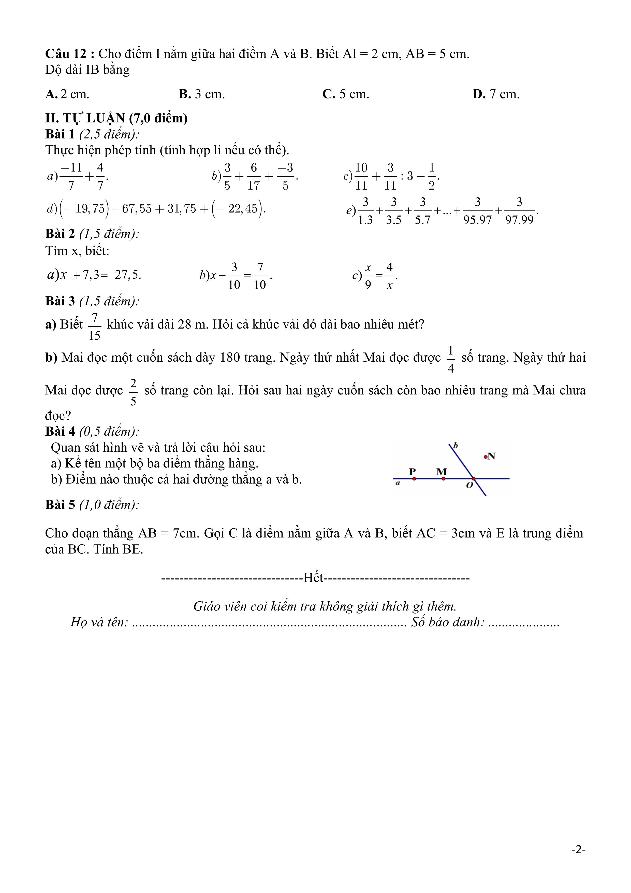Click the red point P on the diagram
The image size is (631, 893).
click(414, 479)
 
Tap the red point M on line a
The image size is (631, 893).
click(444, 479)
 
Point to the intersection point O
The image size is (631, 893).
click(474, 479)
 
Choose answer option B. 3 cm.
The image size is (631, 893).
click(202, 94)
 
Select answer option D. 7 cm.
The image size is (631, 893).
click(496, 94)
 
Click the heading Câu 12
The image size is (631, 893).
click(70, 54)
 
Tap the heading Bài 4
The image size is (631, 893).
click(60, 432)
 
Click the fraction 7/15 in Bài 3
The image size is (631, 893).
click(94, 327)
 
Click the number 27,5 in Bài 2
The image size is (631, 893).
click(127, 275)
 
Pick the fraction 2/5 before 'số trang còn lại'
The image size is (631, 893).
click(133, 392)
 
